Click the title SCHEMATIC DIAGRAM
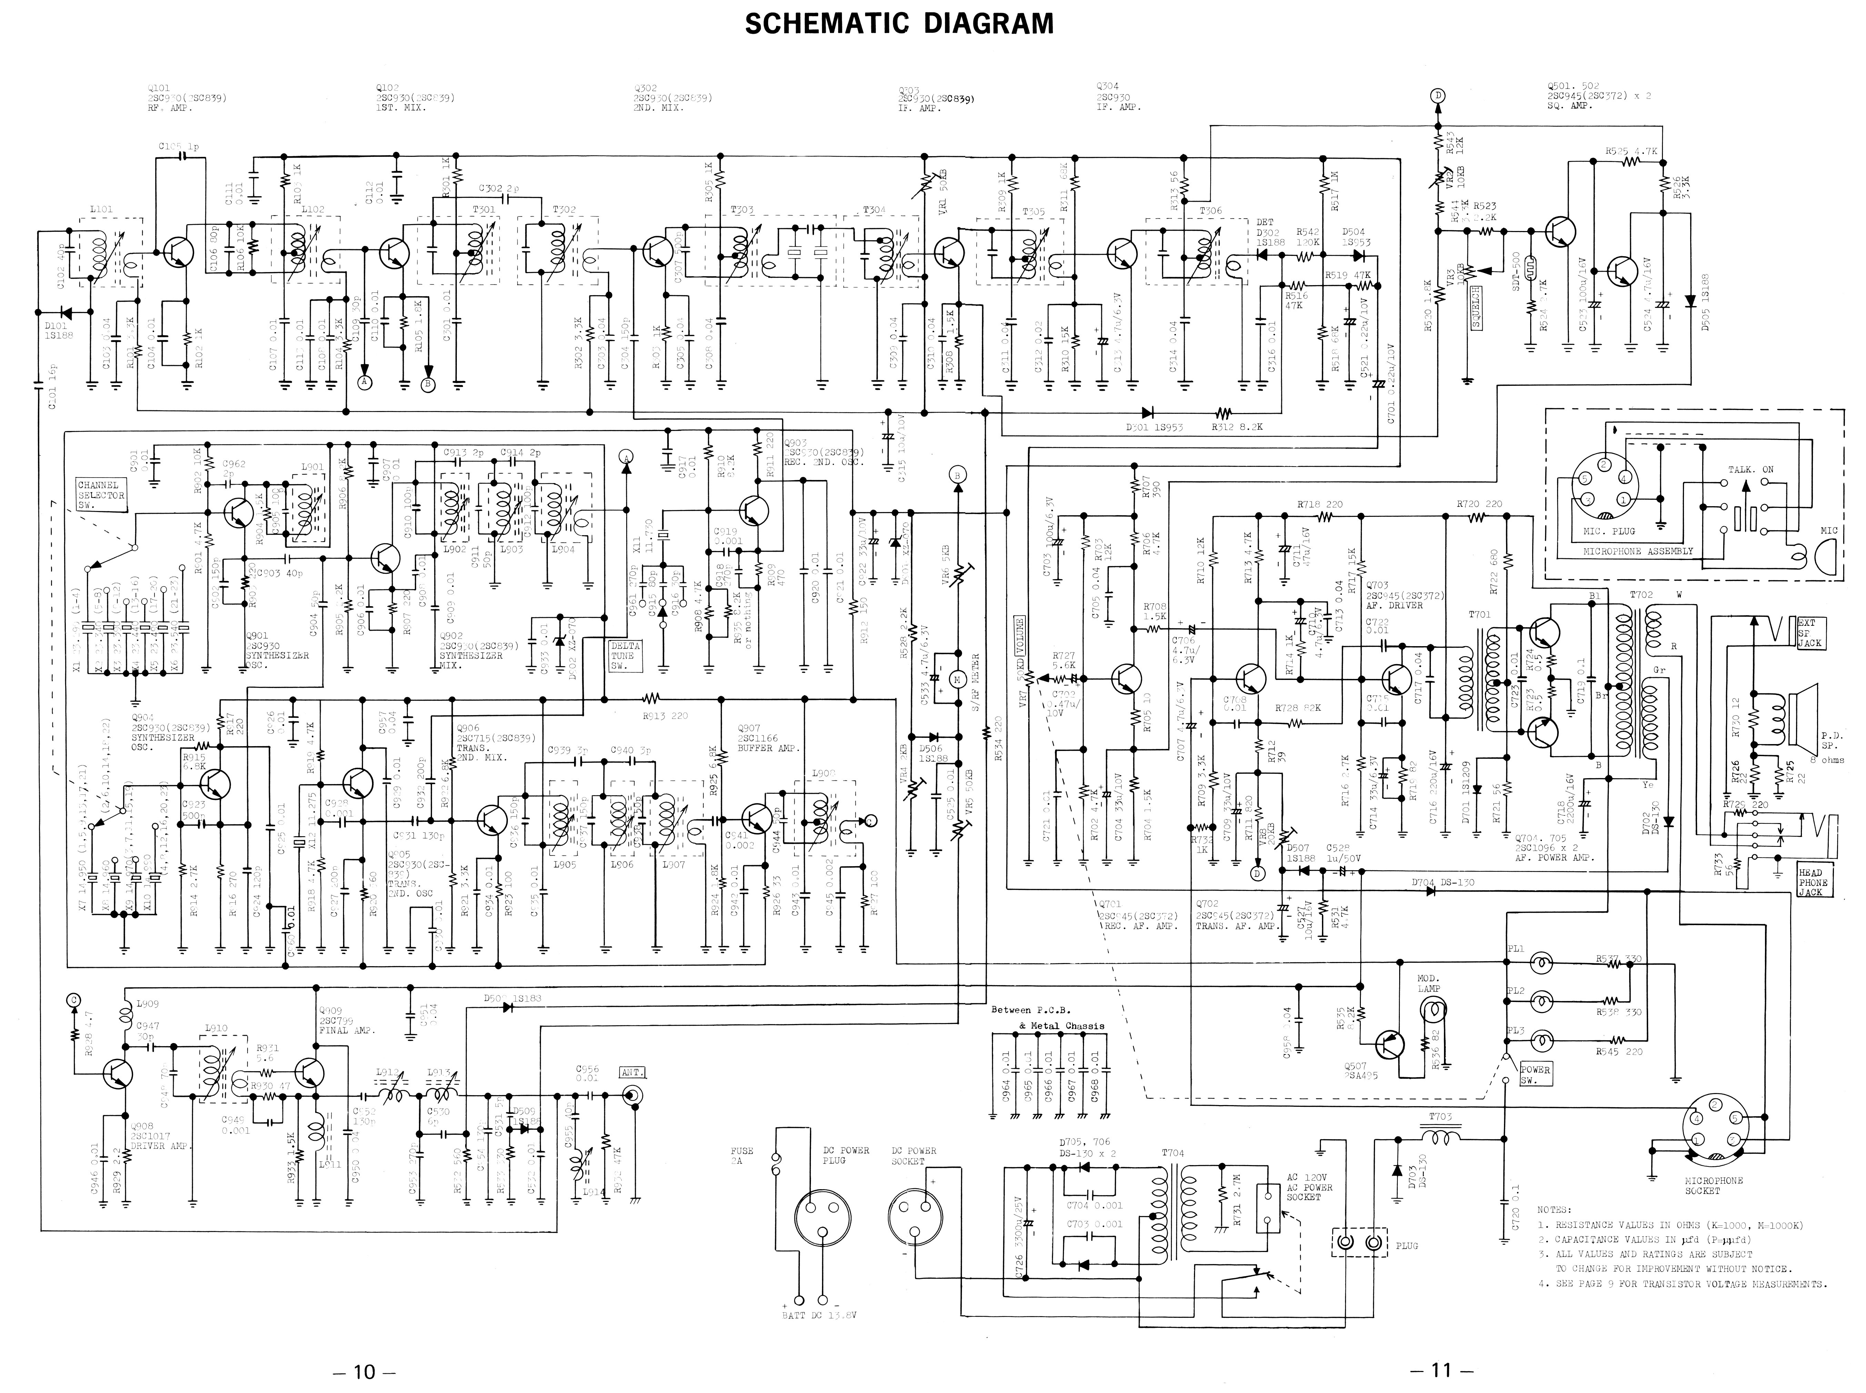[x=899, y=23]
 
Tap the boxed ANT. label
[x=632, y=1073]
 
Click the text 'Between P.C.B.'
[x=1030, y=1009]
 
